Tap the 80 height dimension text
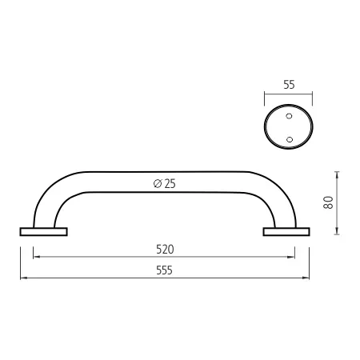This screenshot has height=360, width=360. click(328, 202)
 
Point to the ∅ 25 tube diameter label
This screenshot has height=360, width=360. click(164, 184)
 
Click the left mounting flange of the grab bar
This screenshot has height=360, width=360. click(43, 232)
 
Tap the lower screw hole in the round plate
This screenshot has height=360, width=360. click(290, 139)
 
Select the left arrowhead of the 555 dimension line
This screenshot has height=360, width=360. click(22, 278)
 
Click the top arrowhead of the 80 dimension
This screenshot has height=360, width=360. click(338, 172)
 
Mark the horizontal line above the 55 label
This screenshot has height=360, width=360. click(288, 93)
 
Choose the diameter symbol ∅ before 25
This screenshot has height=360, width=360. click(155, 184)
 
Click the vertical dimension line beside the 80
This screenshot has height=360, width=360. click(338, 202)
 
